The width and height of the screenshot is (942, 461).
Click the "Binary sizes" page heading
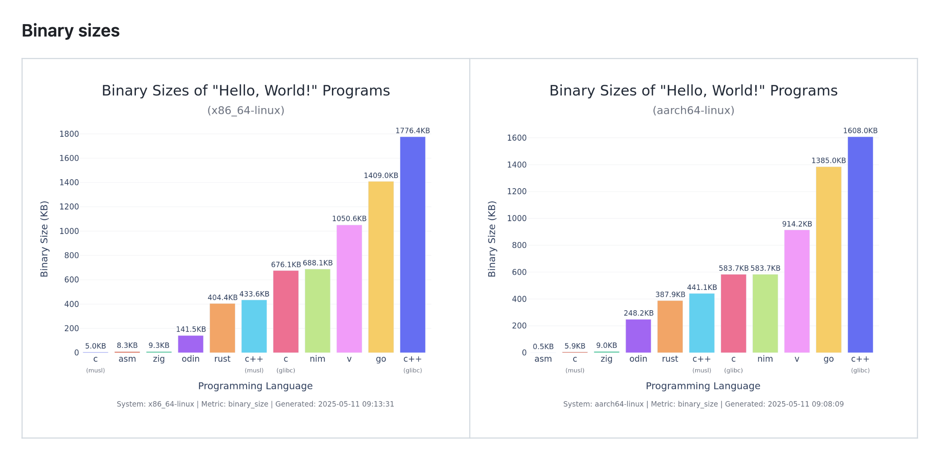(x=71, y=31)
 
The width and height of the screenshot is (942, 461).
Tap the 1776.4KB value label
(x=412, y=131)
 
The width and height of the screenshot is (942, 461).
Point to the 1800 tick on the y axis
(x=69, y=134)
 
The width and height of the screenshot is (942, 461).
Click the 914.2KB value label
(x=797, y=224)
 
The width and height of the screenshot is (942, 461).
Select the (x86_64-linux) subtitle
(x=246, y=110)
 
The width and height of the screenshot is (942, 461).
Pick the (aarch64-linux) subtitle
(x=693, y=110)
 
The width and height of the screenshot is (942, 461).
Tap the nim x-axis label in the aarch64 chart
(x=765, y=359)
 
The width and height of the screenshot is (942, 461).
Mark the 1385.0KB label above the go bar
(x=828, y=161)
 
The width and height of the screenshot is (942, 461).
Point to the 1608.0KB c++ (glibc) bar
(x=860, y=244)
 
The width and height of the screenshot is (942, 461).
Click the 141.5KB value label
(x=191, y=329)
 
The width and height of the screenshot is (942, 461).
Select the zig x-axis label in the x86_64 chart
(x=159, y=359)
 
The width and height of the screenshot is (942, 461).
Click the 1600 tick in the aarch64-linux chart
(x=516, y=138)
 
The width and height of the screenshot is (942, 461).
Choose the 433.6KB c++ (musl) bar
(x=254, y=326)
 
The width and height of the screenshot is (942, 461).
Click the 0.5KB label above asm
(x=543, y=346)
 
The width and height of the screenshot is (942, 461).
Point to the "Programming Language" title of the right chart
(x=702, y=386)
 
